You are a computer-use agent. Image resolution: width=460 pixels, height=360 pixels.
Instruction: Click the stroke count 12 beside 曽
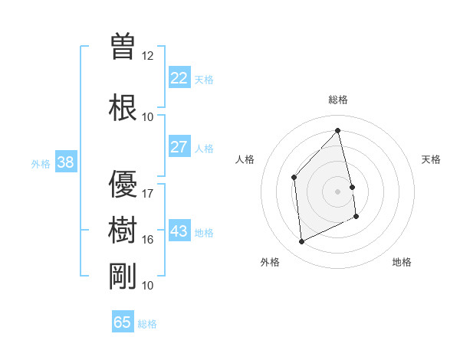(x=148, y=55)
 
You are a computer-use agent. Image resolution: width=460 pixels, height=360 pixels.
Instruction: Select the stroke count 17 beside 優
(x=148, y=193)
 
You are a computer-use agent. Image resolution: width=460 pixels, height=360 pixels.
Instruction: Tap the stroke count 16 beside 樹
(x=148, y=239)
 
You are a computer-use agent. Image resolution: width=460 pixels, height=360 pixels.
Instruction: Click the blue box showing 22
(x=179, y=78)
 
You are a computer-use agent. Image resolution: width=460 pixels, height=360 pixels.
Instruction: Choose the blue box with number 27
(x=179, y=147)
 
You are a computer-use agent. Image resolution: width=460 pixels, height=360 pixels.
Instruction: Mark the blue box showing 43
(x=179, y=231)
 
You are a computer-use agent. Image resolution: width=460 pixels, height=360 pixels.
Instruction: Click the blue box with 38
(x=65, y=162)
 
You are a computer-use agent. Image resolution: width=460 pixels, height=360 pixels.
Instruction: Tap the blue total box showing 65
(x=123, y=322)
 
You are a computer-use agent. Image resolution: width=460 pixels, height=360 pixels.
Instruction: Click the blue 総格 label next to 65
(x=147, y=324)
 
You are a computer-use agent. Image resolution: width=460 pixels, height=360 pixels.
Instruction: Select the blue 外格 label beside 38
(x=41, y=163)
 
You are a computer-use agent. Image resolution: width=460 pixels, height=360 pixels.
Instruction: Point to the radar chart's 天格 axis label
(x=432, y=159)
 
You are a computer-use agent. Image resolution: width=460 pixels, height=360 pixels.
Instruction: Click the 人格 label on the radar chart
(x=245, y=159)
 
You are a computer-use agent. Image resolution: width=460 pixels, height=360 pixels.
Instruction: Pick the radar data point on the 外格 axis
(x=301, y=242)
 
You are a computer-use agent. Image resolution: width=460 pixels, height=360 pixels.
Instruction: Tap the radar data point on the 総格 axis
(x=338, y=131)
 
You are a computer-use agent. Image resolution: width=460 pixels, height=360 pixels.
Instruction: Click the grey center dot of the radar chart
(x=338, y=191)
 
